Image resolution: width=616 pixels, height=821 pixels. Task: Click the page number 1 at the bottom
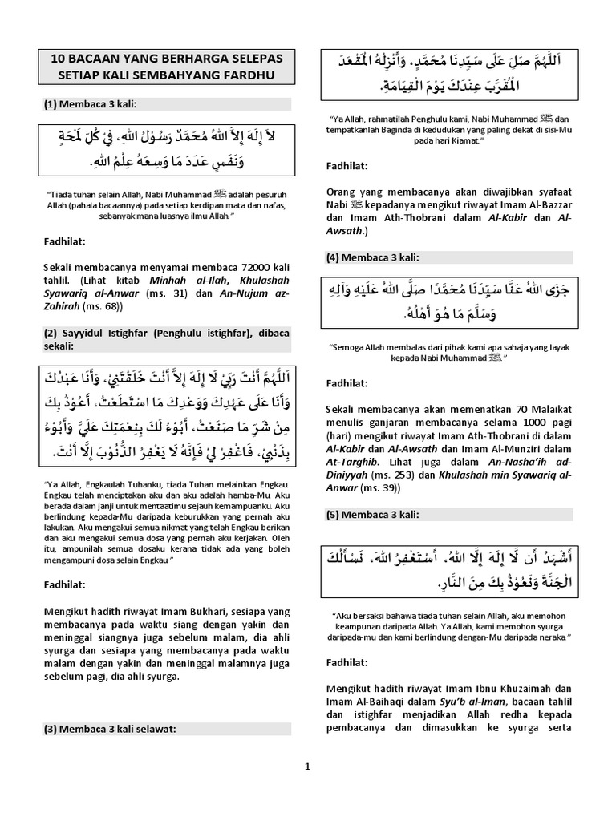[307, 766]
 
